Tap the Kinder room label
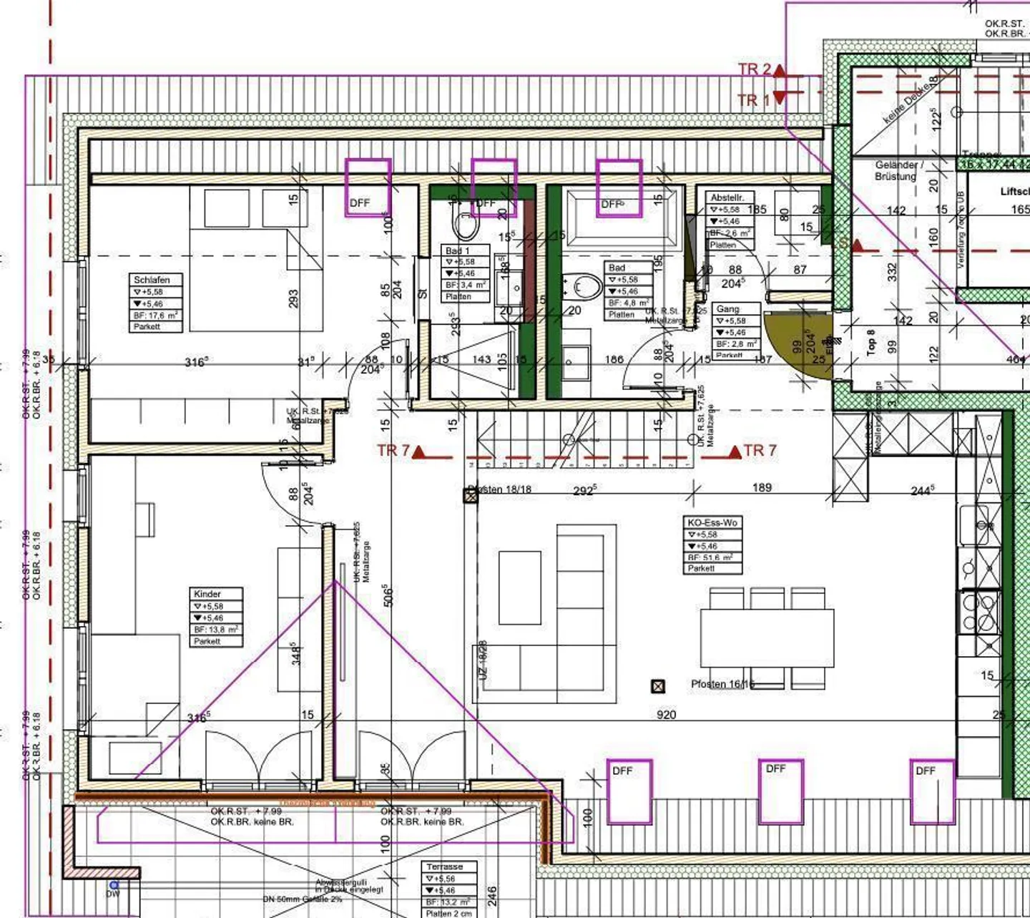pyautogui.click(x=207, y=594)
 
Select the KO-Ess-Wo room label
pyautogui.click(x=712, y=522)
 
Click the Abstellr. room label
pyautogui.click(x=727, y=197)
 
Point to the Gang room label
pyautogui.click(x=727, y=309)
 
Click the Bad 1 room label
pyautogui.click(x=458, y=250)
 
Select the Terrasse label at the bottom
pyautogui.click(x=444, y=866)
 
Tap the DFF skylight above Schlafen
pyautogui.click(x=368, y=187)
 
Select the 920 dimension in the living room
pyautogui.click(x=666, y=714)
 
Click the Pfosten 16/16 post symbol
pyautogui.click(x=658, y=686)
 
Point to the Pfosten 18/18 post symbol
pyautogui.click(x=471, y=495)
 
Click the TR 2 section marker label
pyautogui.click(x=755, y=69)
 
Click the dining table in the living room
pyautogui.click(x=767, y=638)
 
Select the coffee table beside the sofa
pyautogui.click(x=520, y=587)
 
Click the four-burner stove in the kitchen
pyautogui.click(x=979, y=612)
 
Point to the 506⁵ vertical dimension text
pyautogui.click(x=388, y=596)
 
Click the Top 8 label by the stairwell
pyautogui.click(x=871, y=342)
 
